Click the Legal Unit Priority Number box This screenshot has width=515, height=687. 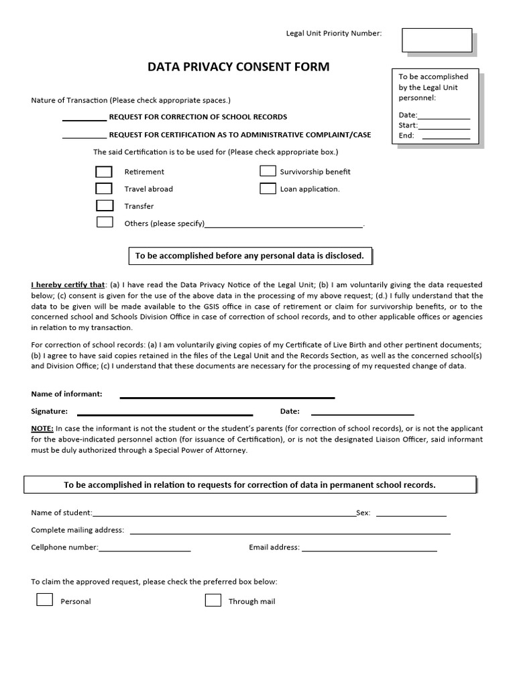point(437,40)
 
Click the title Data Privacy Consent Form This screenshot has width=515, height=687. point(229,67)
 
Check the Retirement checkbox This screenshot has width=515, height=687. point(104,172)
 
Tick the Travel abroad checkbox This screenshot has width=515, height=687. point(104,189)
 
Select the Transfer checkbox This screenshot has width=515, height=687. point(105,205)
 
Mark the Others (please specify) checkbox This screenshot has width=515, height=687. point(105,222)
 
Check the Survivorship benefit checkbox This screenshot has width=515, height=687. point(268,171)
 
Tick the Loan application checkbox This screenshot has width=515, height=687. point(268,189)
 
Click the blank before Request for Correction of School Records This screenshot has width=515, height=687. point(84,119)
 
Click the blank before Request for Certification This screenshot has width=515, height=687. point(84,136)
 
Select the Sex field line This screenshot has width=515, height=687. point(411,515)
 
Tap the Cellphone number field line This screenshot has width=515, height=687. point(144,549)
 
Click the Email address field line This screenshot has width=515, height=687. point(369,549)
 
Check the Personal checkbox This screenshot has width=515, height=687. point(44,600)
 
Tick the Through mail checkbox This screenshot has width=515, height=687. point(213,600)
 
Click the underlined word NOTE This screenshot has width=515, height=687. point(42,429)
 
